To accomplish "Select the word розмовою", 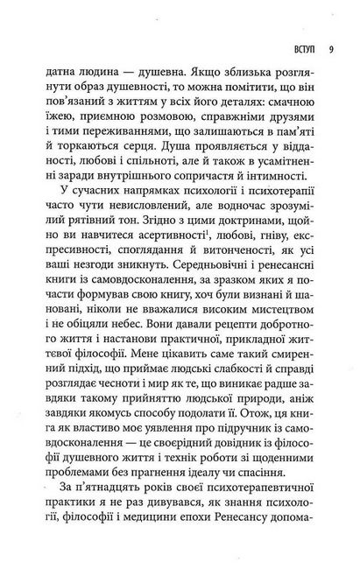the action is pyautogui.click(x=166, y=127).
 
